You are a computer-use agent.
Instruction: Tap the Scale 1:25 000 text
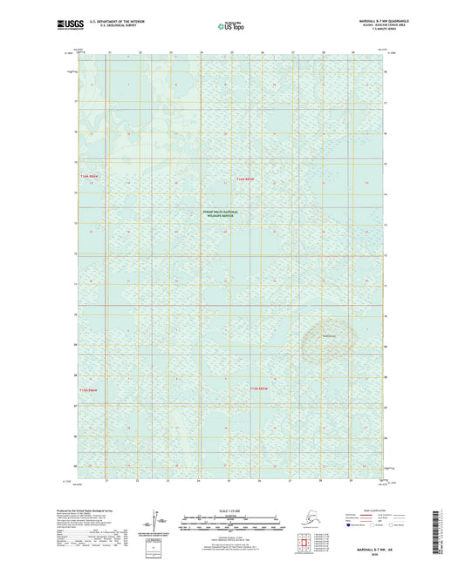(231, 510)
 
